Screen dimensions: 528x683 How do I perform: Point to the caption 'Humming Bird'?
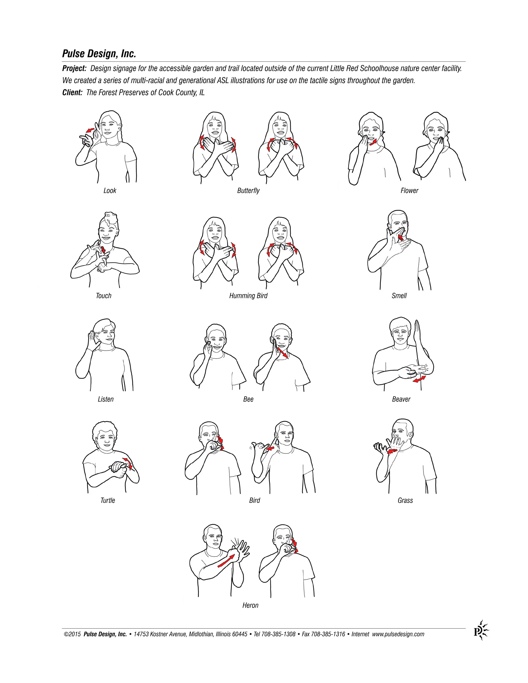(248, 296)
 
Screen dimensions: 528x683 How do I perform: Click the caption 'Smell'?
(399, 296)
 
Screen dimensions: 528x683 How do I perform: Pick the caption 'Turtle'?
(108, 501)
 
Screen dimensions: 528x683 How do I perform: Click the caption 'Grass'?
(405, 501)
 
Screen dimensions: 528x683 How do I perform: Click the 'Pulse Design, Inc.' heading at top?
(99, 54)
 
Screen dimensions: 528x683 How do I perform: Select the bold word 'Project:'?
(74, 68)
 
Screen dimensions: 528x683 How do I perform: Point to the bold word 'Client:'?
(72, 92)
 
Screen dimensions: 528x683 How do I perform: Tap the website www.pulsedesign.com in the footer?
(398, 634)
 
